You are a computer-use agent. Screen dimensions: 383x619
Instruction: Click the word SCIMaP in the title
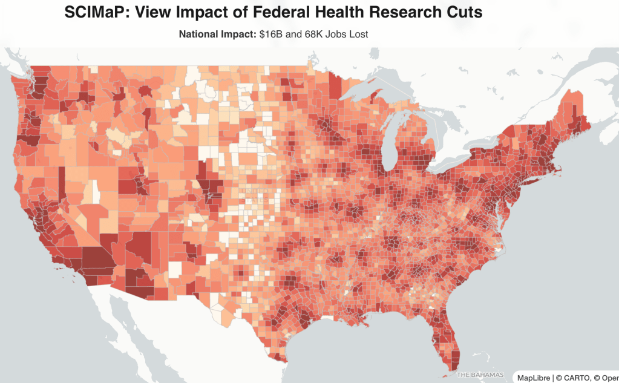click(100, 13)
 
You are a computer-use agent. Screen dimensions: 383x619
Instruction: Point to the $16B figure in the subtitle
click(271, 34)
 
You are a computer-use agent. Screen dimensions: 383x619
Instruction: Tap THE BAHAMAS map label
click(480, 375)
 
